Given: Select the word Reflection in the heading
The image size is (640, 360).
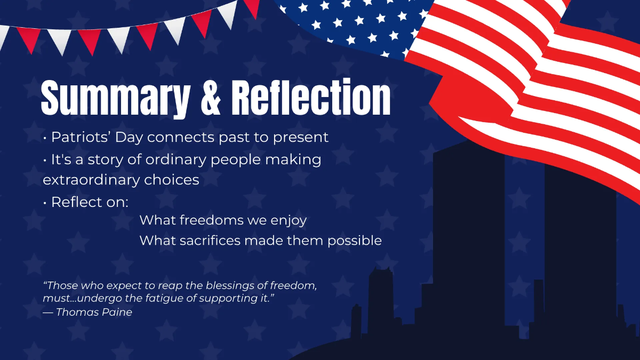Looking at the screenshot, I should pos(311,98).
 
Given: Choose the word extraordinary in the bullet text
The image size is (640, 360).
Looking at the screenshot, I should pos(91,180).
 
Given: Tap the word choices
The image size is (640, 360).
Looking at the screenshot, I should pos(172,180).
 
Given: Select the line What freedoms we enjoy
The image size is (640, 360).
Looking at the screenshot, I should pos(223,220).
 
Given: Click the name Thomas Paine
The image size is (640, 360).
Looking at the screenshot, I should pos(94,313).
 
